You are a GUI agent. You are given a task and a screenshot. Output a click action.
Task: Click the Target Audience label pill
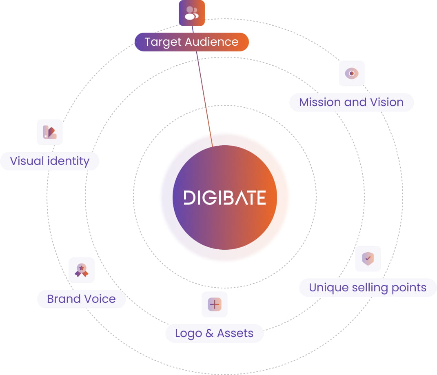click(192, 42)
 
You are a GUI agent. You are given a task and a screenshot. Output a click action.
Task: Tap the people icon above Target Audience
click(192, 13)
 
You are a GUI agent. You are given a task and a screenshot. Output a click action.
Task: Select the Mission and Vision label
click(351, 102)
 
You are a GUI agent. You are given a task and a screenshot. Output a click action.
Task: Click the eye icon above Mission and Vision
click(351, 73)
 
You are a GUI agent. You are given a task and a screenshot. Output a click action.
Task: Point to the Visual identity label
click(50, 161)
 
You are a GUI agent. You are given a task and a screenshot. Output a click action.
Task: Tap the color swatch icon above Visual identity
click(50, 132)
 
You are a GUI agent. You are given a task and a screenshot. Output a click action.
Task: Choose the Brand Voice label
click(81, 299)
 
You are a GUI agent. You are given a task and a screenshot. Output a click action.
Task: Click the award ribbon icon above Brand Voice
click(82, 270)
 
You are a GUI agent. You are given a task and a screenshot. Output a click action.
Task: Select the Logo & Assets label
click(214, 333)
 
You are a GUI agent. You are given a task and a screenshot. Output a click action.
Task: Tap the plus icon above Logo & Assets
click(215, 304)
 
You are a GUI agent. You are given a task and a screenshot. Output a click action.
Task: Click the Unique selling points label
click(368, 287)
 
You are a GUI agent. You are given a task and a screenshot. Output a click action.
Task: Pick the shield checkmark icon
click(368, 258)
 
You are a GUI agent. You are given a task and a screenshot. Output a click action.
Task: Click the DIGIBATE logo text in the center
click(225, 197)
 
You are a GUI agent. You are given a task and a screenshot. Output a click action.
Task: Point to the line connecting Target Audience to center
click(202, 87)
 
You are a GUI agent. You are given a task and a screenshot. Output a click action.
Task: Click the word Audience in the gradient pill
click(211, 42)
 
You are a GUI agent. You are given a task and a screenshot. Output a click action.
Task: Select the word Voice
click(100, 299)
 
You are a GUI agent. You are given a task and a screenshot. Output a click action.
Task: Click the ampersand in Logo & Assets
click(210, 333)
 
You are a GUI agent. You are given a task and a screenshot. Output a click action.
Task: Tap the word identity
click(68, 161)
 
